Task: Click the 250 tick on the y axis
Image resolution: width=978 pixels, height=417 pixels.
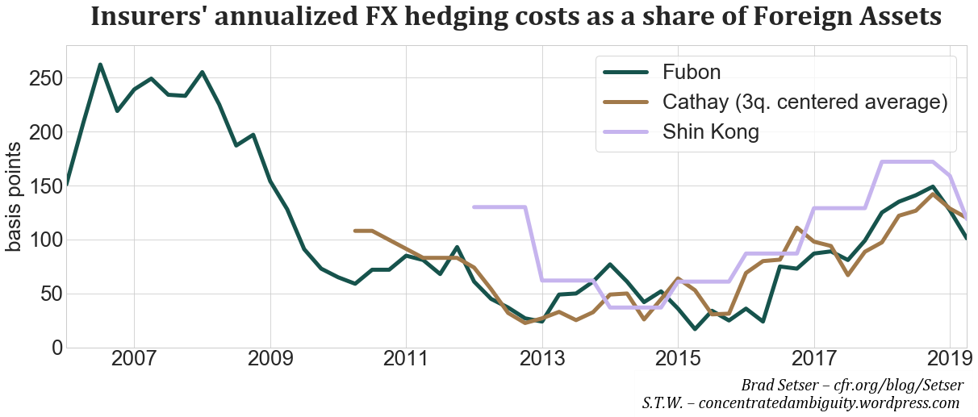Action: [40, 78]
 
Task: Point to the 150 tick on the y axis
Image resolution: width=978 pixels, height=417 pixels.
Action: [40, 186]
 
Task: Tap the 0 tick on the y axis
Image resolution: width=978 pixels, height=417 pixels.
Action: [52, 348]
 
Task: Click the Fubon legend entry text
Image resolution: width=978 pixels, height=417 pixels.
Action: [691, 72]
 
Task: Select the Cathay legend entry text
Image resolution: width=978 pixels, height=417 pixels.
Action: [804, 102]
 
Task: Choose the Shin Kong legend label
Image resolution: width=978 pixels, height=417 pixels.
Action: [710, 132]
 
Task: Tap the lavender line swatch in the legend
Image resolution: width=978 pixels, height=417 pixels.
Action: [627, 132]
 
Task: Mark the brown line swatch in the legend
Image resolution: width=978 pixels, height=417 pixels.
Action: [627, 102]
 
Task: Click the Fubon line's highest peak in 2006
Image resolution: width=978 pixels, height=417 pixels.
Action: [100, 65]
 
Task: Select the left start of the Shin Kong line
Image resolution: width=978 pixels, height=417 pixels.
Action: [474, 207]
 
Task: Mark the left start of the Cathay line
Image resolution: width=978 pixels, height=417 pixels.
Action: [355, 231]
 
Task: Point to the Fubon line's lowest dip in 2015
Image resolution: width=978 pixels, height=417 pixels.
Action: [695, 329]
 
